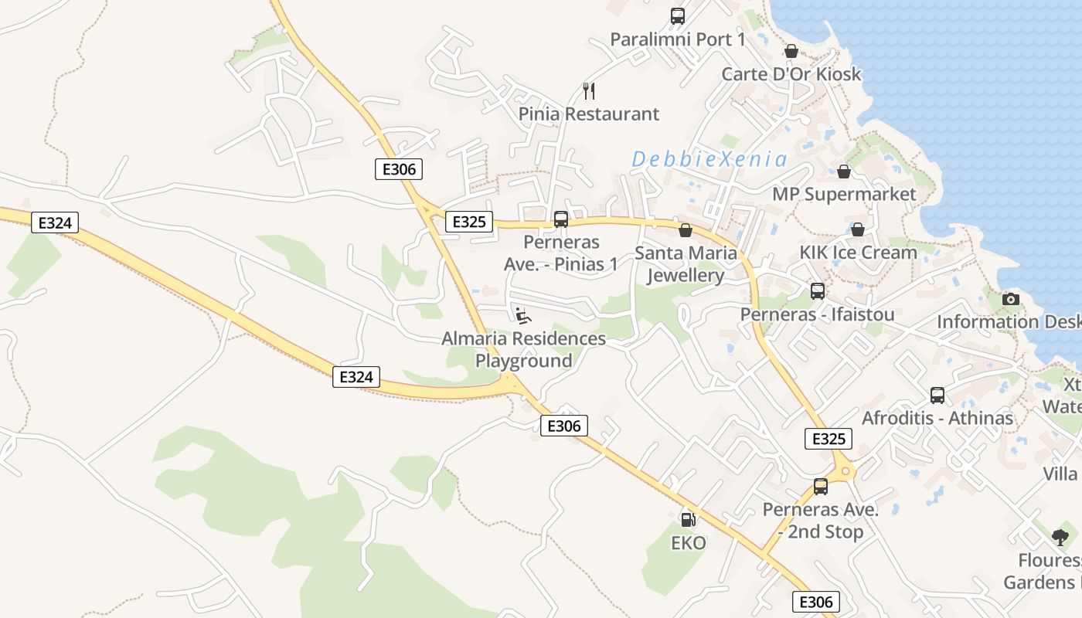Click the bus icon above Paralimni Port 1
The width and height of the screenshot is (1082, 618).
(x=678, y=15)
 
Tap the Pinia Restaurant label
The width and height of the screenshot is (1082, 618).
(x=589, y=114)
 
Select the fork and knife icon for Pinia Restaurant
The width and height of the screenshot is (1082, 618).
(x=589, y=91)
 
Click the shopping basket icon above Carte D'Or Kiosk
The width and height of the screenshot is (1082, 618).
(x=791, y=51)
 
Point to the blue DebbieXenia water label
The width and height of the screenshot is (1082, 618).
(x=709, y=160)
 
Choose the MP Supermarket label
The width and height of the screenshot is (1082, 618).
(x=844, y=194)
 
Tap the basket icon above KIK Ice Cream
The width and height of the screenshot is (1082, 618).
(x=857, y=229)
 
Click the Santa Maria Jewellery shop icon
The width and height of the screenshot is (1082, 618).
(x=685, y=230)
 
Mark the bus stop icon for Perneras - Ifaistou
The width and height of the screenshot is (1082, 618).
(x=817, y=291)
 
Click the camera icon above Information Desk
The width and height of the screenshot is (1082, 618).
(x=1010, y=299)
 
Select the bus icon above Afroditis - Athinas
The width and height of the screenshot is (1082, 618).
(x=937, y=396)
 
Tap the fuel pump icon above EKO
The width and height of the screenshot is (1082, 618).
(x=688, y=519)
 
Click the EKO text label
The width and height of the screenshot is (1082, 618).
(x=688, y=543)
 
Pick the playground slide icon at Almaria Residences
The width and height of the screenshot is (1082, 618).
(x=523, y=315)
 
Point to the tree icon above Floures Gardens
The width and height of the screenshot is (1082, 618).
(x=1060, y=538)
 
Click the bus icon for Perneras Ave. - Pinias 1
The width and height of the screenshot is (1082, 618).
(x=561, y=219)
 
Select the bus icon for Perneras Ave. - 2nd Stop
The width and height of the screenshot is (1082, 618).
(x=820, y=487)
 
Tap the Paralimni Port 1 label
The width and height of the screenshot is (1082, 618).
(x=678, y=39)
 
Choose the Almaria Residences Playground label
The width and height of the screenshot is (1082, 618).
(x=523, y=349)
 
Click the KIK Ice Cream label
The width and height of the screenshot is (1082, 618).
(x=858, y=253)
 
